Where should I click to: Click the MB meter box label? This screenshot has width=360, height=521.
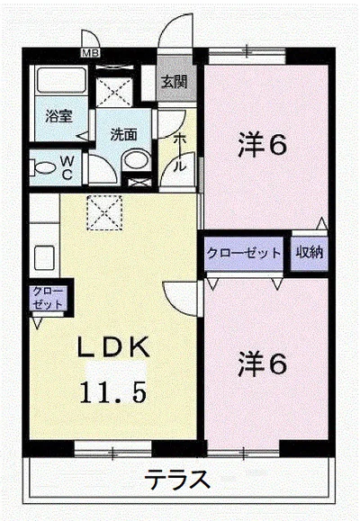click(90, 52)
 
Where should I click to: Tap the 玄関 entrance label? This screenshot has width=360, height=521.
click(175, 81)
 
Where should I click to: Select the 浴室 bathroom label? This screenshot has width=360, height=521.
click(58, 117)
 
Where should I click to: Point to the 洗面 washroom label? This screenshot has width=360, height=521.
click(123, 135)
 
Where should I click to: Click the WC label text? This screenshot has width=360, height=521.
click(67, 168)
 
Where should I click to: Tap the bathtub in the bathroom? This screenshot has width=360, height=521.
click(61, 81)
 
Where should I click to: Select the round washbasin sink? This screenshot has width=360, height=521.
click(136, 162)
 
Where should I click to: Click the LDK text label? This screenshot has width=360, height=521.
click(112, 346)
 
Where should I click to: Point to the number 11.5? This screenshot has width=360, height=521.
click(112, 391)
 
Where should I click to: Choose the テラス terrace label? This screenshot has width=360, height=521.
click(178, 480)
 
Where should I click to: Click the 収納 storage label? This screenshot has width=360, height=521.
click(310, 253)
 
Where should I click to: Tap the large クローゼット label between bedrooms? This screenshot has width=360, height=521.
click(244, 253)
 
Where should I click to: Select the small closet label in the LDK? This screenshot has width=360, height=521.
click(48, 298)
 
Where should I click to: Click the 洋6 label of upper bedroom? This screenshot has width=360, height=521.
click(262, 146)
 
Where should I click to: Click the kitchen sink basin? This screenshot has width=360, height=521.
click(44, 258)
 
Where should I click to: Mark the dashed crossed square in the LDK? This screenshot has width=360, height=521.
click(104, 212)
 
